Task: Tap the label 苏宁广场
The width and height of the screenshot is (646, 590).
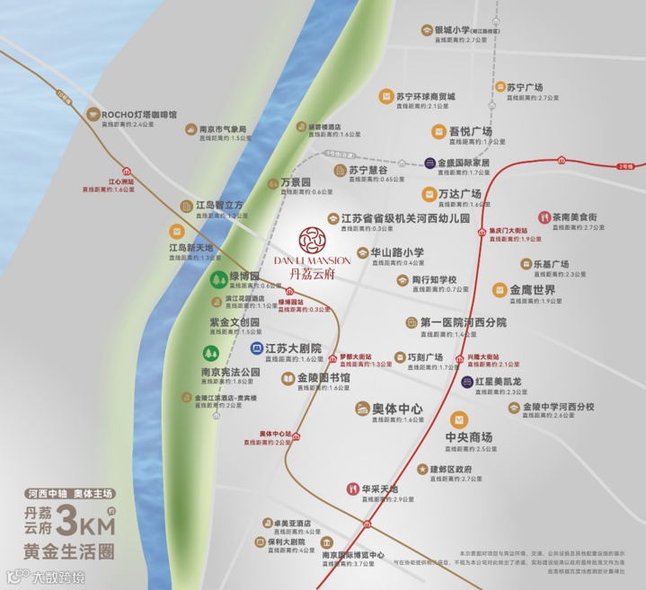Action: tap(525, 88)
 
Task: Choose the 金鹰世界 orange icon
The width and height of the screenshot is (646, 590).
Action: tap(499, 290)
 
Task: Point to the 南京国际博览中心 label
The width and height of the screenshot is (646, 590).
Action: tap(353, 555)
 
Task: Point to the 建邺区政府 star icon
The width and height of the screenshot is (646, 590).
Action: tap(421, 469)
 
